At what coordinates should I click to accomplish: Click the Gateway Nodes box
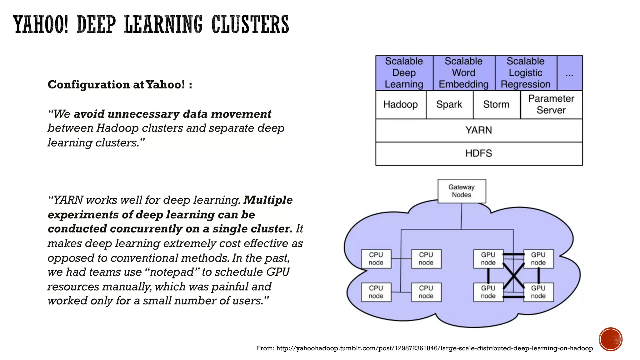tap(462, 191)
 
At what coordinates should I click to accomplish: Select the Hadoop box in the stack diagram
tap(401, 104)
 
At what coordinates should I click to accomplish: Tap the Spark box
tap(449, 104)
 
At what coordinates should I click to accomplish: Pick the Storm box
tap(496, 104)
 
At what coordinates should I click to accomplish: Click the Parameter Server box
tap(551, 104)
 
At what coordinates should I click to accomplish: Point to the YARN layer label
tap(479, 130)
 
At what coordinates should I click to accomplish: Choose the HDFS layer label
tap(479, 153)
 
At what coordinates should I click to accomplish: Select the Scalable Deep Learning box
tap(404, 73)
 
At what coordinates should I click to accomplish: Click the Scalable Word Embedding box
tap(464, 73)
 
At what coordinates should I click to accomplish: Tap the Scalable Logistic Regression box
tap(526, 73)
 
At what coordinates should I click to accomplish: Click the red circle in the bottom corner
tap(611, 339)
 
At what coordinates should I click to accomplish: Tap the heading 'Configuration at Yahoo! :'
tap(120, 85)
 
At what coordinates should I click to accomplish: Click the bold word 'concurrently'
tap(146, 229)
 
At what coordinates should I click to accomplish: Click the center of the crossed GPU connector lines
tap(513, 276)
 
